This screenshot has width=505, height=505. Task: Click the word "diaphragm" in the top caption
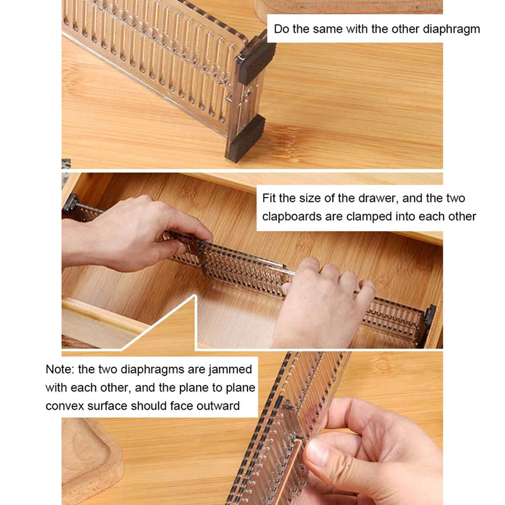click(451, 29)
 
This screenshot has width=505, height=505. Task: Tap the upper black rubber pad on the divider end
click(256, 59)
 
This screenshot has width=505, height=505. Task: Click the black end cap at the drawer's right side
click(431, 316)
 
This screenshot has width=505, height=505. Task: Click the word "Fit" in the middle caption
click(270, 198)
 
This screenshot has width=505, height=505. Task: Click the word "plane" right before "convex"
click(240, 388)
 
